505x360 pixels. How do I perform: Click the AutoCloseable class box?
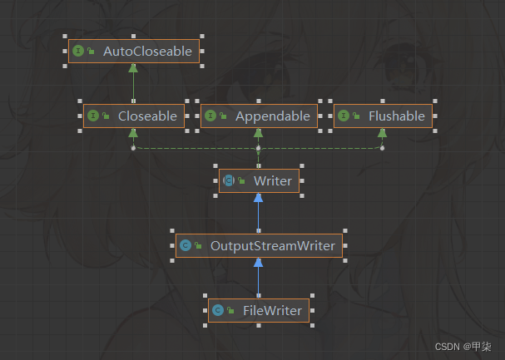(133, 52)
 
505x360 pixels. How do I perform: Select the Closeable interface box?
(133, 116)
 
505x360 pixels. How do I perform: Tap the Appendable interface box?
(258, 116)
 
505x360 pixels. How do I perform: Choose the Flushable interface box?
(383, 116)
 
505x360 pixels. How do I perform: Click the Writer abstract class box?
(259, 180)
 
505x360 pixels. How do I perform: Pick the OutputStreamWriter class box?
(259, 245)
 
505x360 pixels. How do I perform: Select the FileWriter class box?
(259, 311)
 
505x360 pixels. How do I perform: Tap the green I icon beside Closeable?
(93, 116)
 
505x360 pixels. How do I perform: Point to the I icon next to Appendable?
(211, 116)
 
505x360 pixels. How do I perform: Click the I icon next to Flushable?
(344, 116)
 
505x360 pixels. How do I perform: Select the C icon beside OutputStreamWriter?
(186, 245)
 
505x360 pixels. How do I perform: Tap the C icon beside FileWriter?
(218, 311)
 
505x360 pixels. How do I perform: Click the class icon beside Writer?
(229, 180)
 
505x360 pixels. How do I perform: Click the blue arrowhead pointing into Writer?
(259, 198)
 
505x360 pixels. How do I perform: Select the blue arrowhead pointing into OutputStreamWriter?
(259, 263)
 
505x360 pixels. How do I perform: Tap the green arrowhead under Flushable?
(382, 133)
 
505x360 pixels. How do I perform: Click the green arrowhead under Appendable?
(259, 133)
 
